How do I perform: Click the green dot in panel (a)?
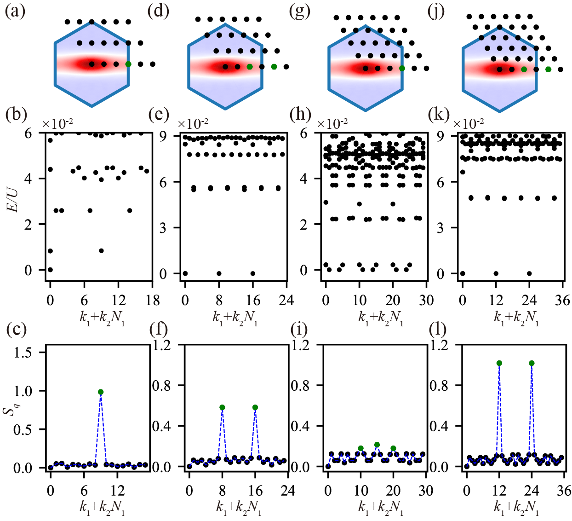pos(128,64)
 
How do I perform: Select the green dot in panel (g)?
pos(402,68)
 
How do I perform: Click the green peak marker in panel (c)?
pos(101,392)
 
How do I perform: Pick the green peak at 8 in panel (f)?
pos(223,408)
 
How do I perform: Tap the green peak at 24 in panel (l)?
pos(532,363)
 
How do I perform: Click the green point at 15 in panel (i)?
pos(377,445)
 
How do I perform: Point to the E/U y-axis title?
pos(15,201)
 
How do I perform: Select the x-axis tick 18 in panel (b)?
pos(152,301)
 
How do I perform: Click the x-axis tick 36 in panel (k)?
pos(562,301)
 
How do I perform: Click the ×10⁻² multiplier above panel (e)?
pos(193,123)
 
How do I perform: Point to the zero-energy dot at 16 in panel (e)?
pos(253,273)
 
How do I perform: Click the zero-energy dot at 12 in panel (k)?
pos(496,273)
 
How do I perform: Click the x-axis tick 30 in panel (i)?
pos(426,492)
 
